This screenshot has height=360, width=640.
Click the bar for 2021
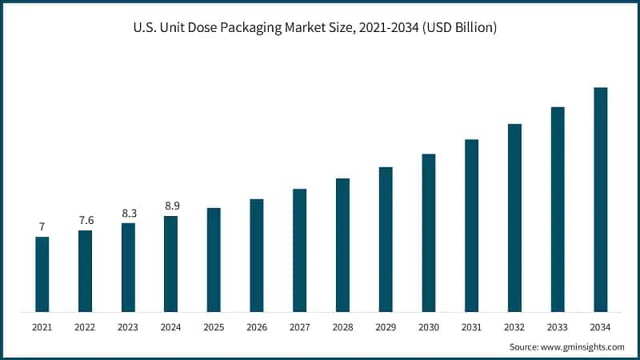[x=42, y=274]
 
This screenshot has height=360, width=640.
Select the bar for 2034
[x=600, y=200]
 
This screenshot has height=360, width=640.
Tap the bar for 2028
[x=342, y=245]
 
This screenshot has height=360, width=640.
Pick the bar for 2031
[x=471, y=226]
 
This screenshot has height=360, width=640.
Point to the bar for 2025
[x=214, y=260]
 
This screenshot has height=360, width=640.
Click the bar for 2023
[x=128, y=267]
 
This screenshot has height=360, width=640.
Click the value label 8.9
[x=171, y=206]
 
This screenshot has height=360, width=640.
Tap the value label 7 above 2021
[x=42, y=227]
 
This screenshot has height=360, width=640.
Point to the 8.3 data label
[x=128, y=214]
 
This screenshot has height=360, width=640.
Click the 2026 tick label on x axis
[x=257, y=327]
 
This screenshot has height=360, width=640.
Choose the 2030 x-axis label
[x=428, y=327]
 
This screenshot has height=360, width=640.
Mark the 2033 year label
[x=557, y=327]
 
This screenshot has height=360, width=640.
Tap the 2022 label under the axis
[x=85, y=327]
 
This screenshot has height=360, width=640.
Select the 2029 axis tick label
[x=386, y=327]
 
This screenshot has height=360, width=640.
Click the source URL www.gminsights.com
[x=582, y=347]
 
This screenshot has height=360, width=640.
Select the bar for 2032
[x=514, y=218]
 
